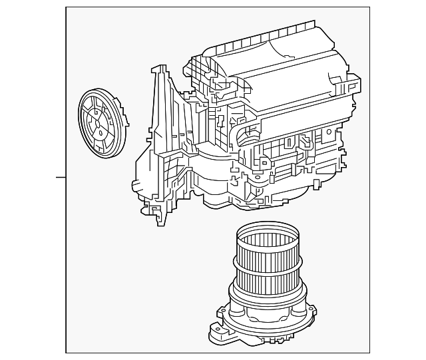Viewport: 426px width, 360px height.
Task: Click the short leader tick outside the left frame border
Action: (61, 178)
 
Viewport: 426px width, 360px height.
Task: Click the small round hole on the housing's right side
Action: (328, 133)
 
